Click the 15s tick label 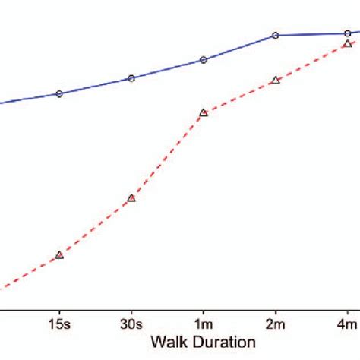point(59,324)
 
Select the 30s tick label point(131,324)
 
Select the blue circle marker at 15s point(59,94)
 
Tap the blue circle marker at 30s point(131,78)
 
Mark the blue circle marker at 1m point(204,60)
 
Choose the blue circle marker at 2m point(276,36)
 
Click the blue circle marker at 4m point(347,33)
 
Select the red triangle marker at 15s point(59,255)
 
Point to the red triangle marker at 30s point(131,198)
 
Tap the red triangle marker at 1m point(204,112)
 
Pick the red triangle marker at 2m point(276,80)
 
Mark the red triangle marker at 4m point(347,44)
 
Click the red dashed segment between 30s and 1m point(167,156)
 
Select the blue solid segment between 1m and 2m point(239,48)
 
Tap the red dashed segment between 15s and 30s point(95,227)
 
